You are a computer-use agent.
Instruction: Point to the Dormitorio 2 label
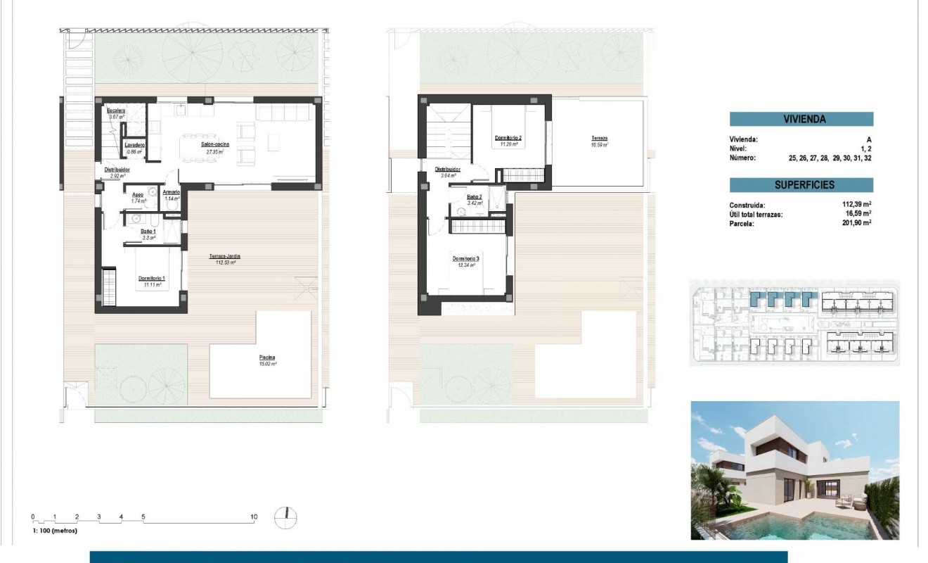[x=508, y=138]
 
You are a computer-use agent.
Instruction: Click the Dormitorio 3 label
[x=465, y=259]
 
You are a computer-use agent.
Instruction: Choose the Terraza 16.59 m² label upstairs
[x=599, y=138]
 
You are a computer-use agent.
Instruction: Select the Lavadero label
[x=135, y=145]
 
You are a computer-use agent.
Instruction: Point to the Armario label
[x=172, y=192]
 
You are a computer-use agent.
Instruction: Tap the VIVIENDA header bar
[x=801, y=119]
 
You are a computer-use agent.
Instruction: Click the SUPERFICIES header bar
[x=801, y=185]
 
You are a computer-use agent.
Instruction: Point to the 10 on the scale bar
[x=254, y=517]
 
